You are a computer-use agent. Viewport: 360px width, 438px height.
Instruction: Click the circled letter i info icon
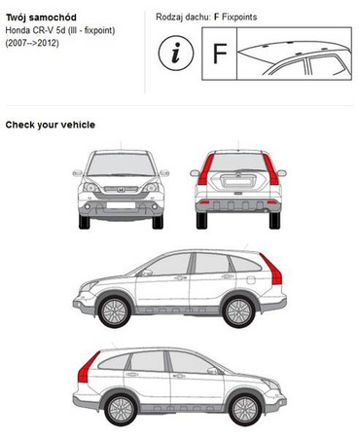click(x=176, y=53)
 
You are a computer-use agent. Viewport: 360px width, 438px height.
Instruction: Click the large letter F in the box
click(x=220, y=54)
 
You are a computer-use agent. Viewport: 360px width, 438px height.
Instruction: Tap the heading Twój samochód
click(x=41, y=18)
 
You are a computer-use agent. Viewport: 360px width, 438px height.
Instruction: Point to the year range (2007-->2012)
click(x=32, y=43)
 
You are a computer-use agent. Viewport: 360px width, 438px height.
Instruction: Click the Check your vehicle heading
click(x=51, y=125)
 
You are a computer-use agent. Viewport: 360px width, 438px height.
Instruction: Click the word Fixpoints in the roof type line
click(x=239, y=18)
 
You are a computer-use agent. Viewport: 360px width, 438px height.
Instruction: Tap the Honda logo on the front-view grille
click(x=121, y=190)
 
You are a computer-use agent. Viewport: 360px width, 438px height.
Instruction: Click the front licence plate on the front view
click(x=121, y=205)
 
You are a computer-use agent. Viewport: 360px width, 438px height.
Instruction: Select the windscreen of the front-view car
click(x=121, y=164)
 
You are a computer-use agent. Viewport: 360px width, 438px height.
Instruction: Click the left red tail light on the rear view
click(x=205, y=169)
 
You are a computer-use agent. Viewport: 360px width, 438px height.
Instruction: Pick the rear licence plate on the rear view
click(x=238, y=181)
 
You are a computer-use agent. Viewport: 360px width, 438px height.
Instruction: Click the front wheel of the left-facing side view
click(x=115, y=311)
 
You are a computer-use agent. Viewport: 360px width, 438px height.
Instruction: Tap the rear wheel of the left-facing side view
click(x=238, y=311)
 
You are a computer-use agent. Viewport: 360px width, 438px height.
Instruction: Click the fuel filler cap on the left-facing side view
click(x=251, y=279)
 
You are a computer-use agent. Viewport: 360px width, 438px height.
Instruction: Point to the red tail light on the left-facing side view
click(x=271, y=269)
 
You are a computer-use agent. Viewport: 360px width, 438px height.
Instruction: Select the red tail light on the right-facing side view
click(x=88, y=367)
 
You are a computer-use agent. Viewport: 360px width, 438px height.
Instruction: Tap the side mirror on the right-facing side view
click(x=212, y=371)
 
